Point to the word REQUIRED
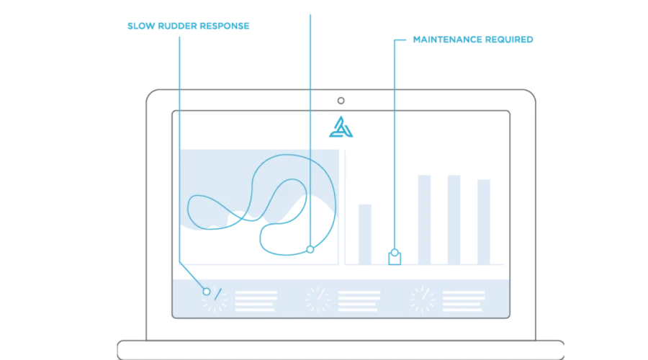point(510,40)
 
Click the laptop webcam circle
point(341,100)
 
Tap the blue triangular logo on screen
point(341,127)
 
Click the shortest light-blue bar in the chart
point(365,234)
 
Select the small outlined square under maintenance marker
point(395,258)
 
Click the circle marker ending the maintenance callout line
point(395,253)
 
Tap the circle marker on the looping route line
point(310,249)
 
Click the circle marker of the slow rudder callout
point(207,292)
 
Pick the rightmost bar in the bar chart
point(484,222)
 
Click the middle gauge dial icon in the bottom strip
point(318,300)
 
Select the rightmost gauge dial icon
point(423,300)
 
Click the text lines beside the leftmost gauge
point(256,301)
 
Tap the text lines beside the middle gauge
point(359,301)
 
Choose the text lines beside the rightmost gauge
point(463,301)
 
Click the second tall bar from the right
point(454,220)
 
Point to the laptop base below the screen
point(341,350)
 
